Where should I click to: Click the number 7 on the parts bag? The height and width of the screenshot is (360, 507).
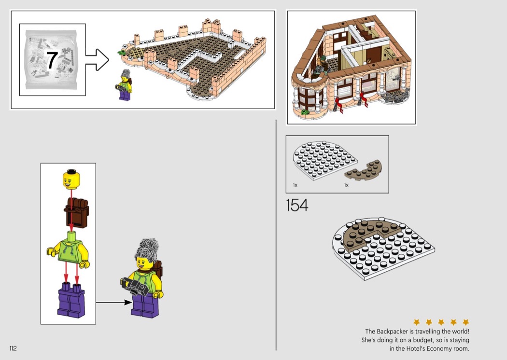52,60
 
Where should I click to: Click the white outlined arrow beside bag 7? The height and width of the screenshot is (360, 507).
98,60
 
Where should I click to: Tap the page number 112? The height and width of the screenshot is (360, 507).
13,348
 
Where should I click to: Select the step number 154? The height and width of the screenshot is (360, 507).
297,205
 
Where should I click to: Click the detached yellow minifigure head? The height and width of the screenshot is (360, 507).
71,180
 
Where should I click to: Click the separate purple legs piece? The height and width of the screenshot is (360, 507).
71,299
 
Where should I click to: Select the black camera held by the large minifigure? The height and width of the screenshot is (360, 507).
136,286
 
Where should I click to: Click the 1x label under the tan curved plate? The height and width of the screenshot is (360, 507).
346,185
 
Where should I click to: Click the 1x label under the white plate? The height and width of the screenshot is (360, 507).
295,185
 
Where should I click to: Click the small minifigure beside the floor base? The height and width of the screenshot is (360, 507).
124,85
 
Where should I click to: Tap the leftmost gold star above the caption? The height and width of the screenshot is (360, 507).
416,322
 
